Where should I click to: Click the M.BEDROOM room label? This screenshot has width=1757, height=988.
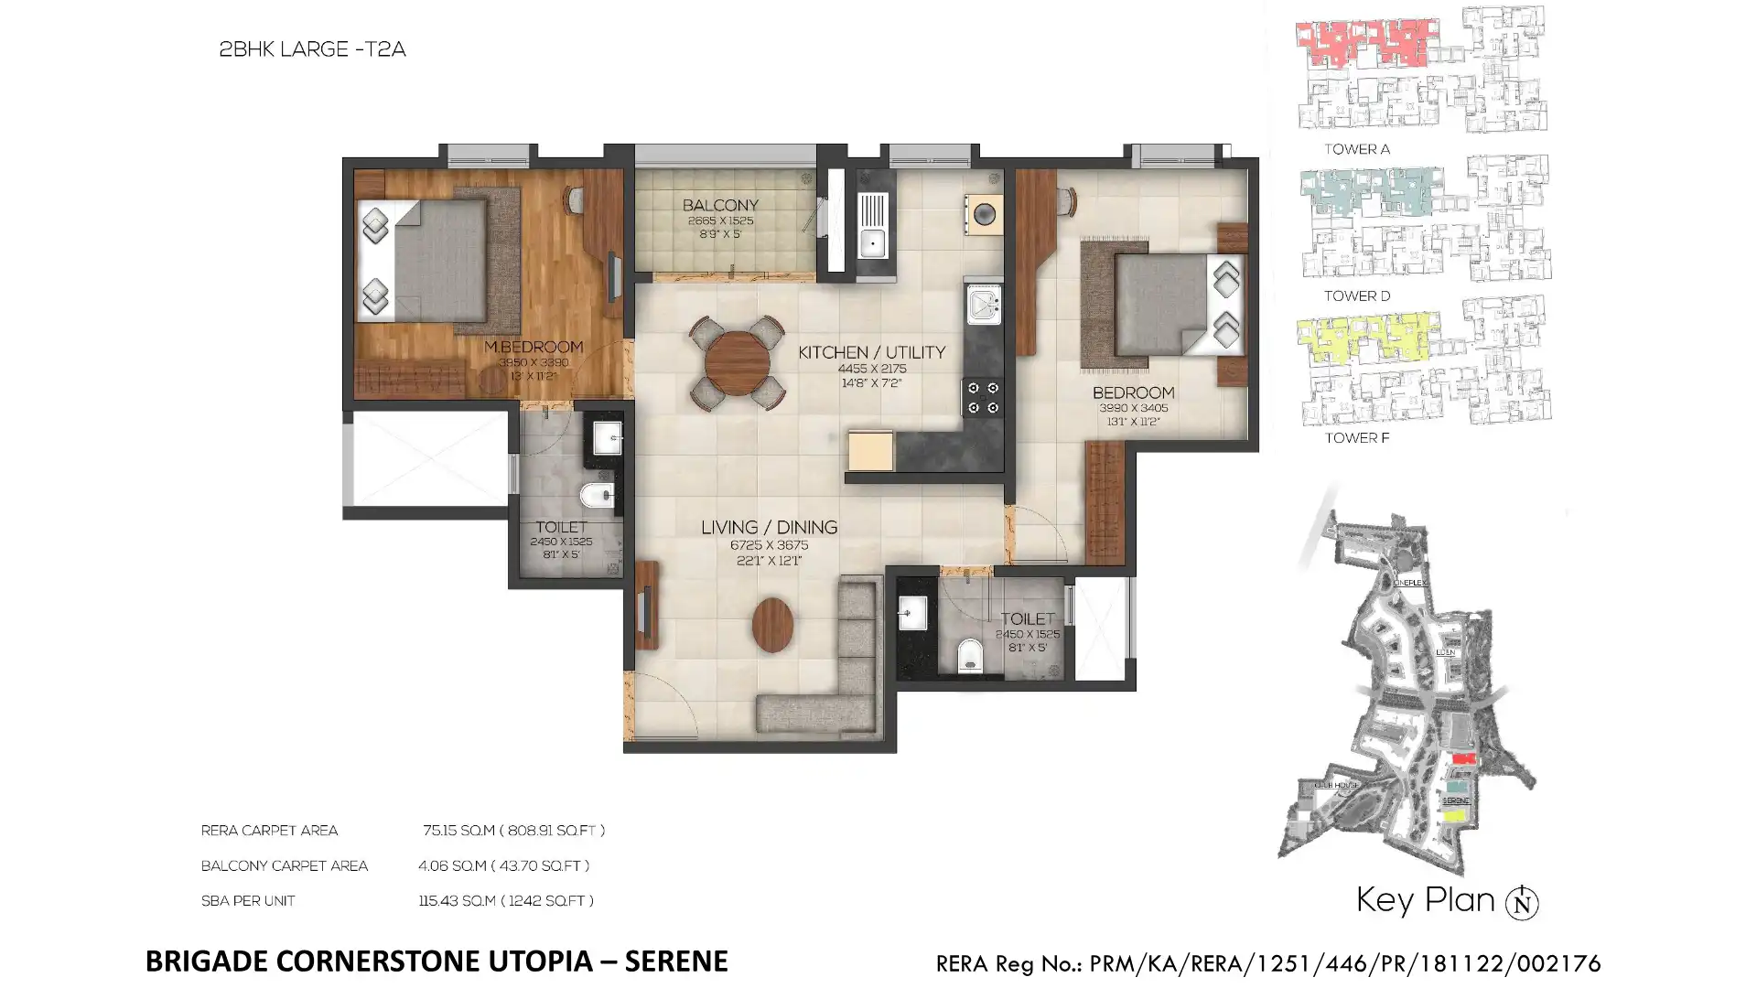tap(533, 347)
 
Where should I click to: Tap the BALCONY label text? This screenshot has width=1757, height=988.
tap(720, 205)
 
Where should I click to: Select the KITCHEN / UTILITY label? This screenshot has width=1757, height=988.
tap(871, 352)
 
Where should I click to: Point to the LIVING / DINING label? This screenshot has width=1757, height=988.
tap(769, 527)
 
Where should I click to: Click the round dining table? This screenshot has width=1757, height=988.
tap(737, 363)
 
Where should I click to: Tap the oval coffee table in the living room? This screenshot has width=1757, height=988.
tap(772, 625)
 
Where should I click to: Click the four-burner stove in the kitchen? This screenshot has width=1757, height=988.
tap(982, 398)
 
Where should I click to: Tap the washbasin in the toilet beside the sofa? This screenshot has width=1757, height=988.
tap(911, 614)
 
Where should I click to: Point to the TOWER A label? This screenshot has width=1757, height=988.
tap(1356, 149)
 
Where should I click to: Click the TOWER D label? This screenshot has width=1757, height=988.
tap(1356, 295)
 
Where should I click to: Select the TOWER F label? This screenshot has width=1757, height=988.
tap(1356, 438)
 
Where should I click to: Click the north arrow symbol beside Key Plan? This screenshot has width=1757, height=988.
tap(1522, 902)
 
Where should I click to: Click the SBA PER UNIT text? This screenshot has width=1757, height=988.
tap(248, 901)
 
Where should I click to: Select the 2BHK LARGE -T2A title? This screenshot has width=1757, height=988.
tap(312, 49)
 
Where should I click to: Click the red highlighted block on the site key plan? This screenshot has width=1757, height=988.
tap(1464, 758)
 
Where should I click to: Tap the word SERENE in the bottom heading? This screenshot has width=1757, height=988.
tap(676, 961)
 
